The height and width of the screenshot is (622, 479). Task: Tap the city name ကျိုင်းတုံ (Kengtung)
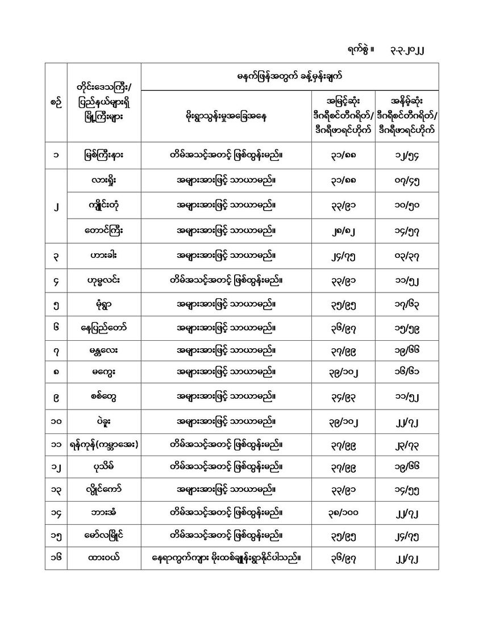[x=103, y=205]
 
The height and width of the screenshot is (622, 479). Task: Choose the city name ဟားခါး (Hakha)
[x=103, y=256]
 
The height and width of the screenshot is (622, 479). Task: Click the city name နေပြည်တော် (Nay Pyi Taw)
[x=103, y=328]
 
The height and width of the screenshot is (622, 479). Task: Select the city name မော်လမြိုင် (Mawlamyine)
[x=103, y=535]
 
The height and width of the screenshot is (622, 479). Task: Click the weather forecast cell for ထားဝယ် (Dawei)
[x=226, y=559]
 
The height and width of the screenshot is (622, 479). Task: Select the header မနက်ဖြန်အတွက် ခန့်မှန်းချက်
[x=289, y=76]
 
